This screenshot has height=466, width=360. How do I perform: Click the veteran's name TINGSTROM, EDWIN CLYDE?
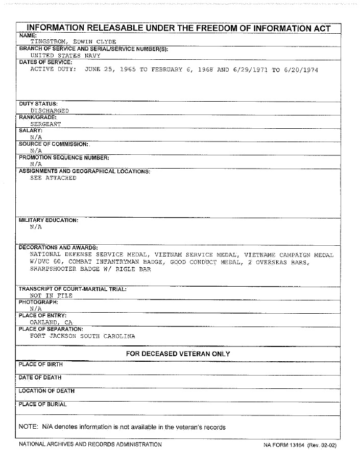[x=73, y=42]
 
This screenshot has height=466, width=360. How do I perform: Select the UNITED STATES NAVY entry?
[x=65, y=56]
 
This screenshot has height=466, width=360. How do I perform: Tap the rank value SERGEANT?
[x=45, y=124]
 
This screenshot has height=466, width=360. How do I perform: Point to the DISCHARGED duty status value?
[x=50, y=110]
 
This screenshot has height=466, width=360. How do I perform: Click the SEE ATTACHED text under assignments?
[x=53, y=178]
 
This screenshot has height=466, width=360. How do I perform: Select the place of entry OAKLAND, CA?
[x=51, y=322]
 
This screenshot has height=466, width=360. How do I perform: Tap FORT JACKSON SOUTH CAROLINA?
[x=83, y=336]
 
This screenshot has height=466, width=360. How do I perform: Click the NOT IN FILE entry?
[x=51, y=295]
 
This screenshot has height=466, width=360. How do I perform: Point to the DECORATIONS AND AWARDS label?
[x=58, y=248]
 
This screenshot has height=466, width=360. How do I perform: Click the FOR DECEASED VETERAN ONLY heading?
[x=178, y=354]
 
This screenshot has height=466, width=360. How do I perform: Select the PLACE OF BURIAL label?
[x=42, y=404]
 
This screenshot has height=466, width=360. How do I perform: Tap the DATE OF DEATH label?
[x=40, y=378]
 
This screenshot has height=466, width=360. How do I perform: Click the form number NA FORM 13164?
[x=283, y=445]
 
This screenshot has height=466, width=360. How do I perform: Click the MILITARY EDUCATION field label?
[x=49, y=220]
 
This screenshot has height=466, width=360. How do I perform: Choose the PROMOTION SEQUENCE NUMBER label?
[x=64, y=158]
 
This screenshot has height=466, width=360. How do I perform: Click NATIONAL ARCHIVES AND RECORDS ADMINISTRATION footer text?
[x=90, y=445]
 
